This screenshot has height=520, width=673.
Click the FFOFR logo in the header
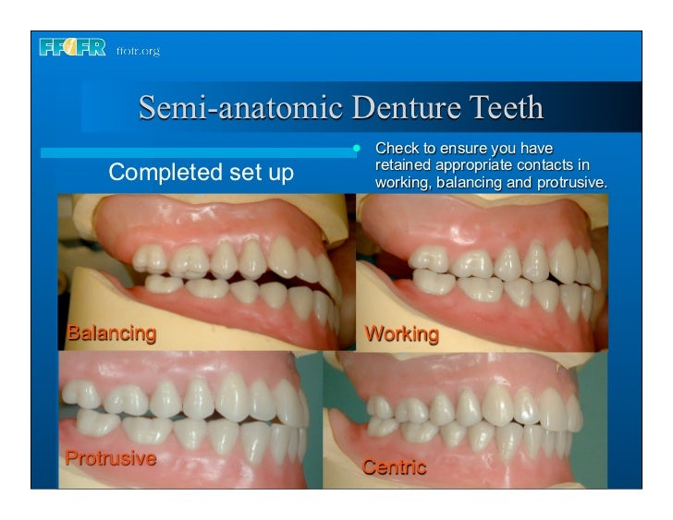(x=73, y=49)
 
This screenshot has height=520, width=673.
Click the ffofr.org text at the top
(x=138, y=51)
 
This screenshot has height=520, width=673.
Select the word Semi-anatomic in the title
(x=232, y=109)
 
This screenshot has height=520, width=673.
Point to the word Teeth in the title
(x=504, y=109)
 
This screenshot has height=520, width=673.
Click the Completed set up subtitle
(x=202, y=172)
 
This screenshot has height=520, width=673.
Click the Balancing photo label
(x=110, y=333)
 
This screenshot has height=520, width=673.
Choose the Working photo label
(x=401, y=333)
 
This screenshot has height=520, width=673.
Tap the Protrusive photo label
(x=109, y=458)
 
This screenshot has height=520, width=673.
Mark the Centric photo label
(x=394, y=466)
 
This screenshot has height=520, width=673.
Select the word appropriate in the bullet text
(x=475, y=165)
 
